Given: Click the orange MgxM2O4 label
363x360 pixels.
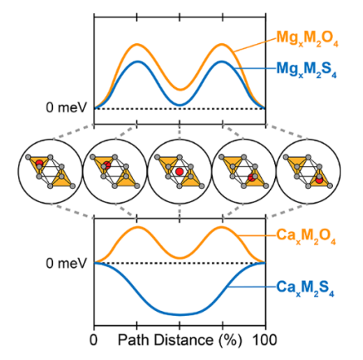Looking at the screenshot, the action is click(307, 40).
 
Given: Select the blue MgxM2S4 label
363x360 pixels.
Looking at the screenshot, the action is click(307, 70).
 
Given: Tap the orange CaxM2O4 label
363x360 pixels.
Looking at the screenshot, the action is click(307, 236).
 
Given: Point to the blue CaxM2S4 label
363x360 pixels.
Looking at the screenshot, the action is click(305, 288).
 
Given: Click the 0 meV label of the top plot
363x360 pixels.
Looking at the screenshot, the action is click(66, 107).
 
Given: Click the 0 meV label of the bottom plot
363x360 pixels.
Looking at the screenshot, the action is click(66, 263).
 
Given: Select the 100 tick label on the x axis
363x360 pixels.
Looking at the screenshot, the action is click(265, 339).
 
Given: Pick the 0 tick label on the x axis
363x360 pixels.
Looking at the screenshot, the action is click(94, 339).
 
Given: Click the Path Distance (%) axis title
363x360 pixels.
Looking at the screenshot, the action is click(180, 340).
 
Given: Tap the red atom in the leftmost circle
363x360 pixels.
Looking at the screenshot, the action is click(40, 163).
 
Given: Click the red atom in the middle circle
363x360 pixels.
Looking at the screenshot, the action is click(179, 171).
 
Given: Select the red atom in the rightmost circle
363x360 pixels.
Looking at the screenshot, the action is click(319, 180).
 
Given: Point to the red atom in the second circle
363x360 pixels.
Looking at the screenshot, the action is click(107, 165).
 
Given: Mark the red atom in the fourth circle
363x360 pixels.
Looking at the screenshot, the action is click(252, 178).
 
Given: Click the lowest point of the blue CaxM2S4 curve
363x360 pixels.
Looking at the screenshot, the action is click(179, 315).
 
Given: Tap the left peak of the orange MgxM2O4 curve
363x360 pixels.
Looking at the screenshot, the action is click(137, 44).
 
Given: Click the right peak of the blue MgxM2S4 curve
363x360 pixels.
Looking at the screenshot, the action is click(222, 62).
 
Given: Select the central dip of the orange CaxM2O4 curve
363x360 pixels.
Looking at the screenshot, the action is click(179, 258).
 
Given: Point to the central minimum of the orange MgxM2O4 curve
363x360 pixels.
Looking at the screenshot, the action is click(180, 90).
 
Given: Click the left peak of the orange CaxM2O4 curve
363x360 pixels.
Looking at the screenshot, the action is click(138, 227).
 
